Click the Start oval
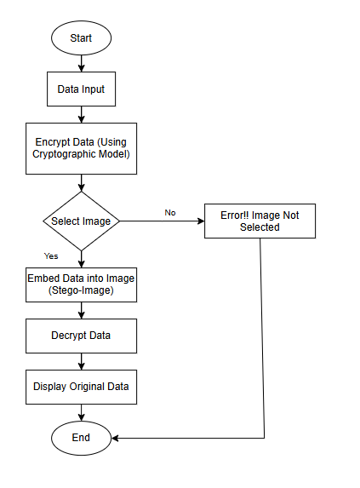click(81, 38)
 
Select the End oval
click(81, 438)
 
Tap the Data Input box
click(81, 89)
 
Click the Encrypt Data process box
click(81, 148)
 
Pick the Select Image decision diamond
click(81, 221)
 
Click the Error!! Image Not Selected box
click(260, 221)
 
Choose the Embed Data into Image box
click(81, 284)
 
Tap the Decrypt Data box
click(81, 336)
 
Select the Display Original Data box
click(81, 387)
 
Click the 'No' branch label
click(170, 213)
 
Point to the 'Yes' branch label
click(51, 255)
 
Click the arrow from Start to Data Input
click(82, 64)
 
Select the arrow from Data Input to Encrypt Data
click(82, 114)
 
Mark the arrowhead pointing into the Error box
click(202, 221)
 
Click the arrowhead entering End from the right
click(115, 438)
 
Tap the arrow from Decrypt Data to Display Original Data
click(82, 361)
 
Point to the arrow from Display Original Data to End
click(82, 413)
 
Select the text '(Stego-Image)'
click(81, 290)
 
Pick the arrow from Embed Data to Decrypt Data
click(82, 310)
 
